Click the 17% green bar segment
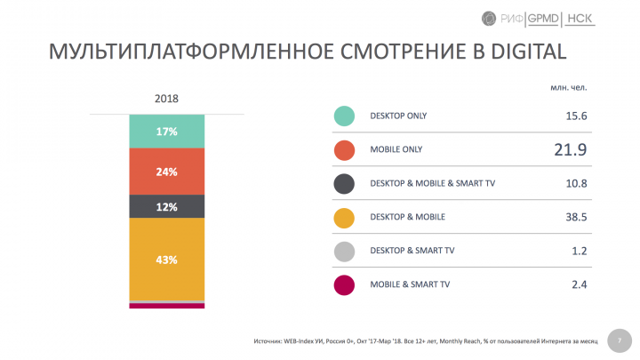pyautogui.click(x=166, y=132)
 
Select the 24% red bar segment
pyautogui.click(x=166, y=172)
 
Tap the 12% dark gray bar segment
pyautogui.click(x=166, y=206)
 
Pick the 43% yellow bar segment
pyautogui.click(x=166, y=260)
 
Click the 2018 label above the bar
pyautogui.click(x=166, y=98)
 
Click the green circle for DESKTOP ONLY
pyautogui.click(x=345, y=116)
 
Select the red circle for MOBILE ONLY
pyautogui.click(x=345, y=150)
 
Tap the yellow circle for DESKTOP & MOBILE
pyautogui.click(x=345, y=217)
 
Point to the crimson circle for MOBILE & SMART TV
pyautogui.click(x=345, y=284)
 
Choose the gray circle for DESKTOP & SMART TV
pyautogui.click(x=345, y=251)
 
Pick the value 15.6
pyautogui.click(x=573, y=116)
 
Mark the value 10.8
pyautogui.click(x=573, y=184)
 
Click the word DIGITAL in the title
pyautogui.click(x=522, y=51)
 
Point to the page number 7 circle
pyautogui.click(x=618, y=340)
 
